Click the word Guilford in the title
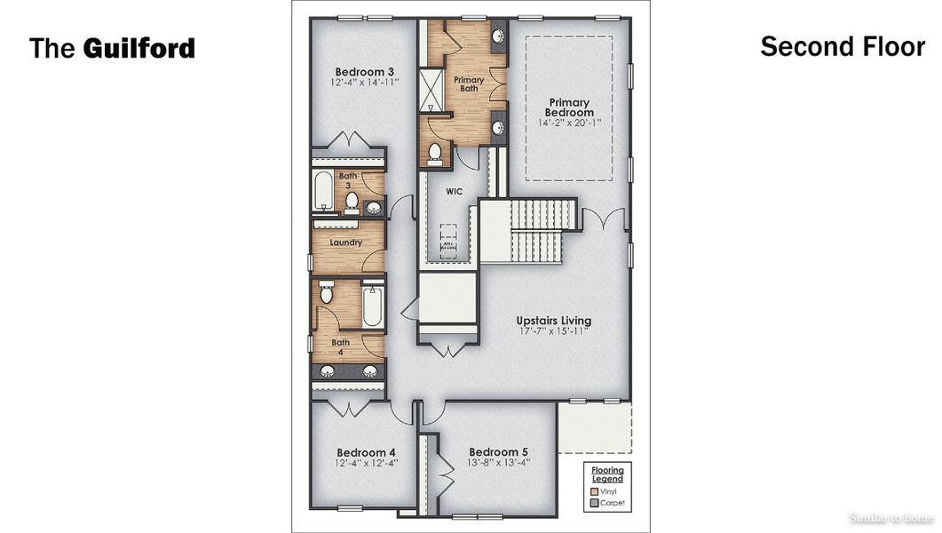tap(139, 48)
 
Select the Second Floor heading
tap(842, 46)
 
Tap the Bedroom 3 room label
tap(364, 72)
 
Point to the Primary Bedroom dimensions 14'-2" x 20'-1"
tap(569, 123)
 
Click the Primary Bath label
tap(469, 84)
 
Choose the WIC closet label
tap(455, 190)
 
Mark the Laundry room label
tap(346, 243)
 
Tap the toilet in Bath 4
tap(325, 292)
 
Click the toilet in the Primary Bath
tap(435, 154)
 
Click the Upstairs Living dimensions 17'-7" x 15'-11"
tap(554, 331)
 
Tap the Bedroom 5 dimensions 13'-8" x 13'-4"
tap(499, 462)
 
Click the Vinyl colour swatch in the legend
tap(593, 491)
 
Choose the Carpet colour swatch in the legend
tap(593, 504)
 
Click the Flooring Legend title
tap(608, 474)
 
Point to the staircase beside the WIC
tap(531, 229)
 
